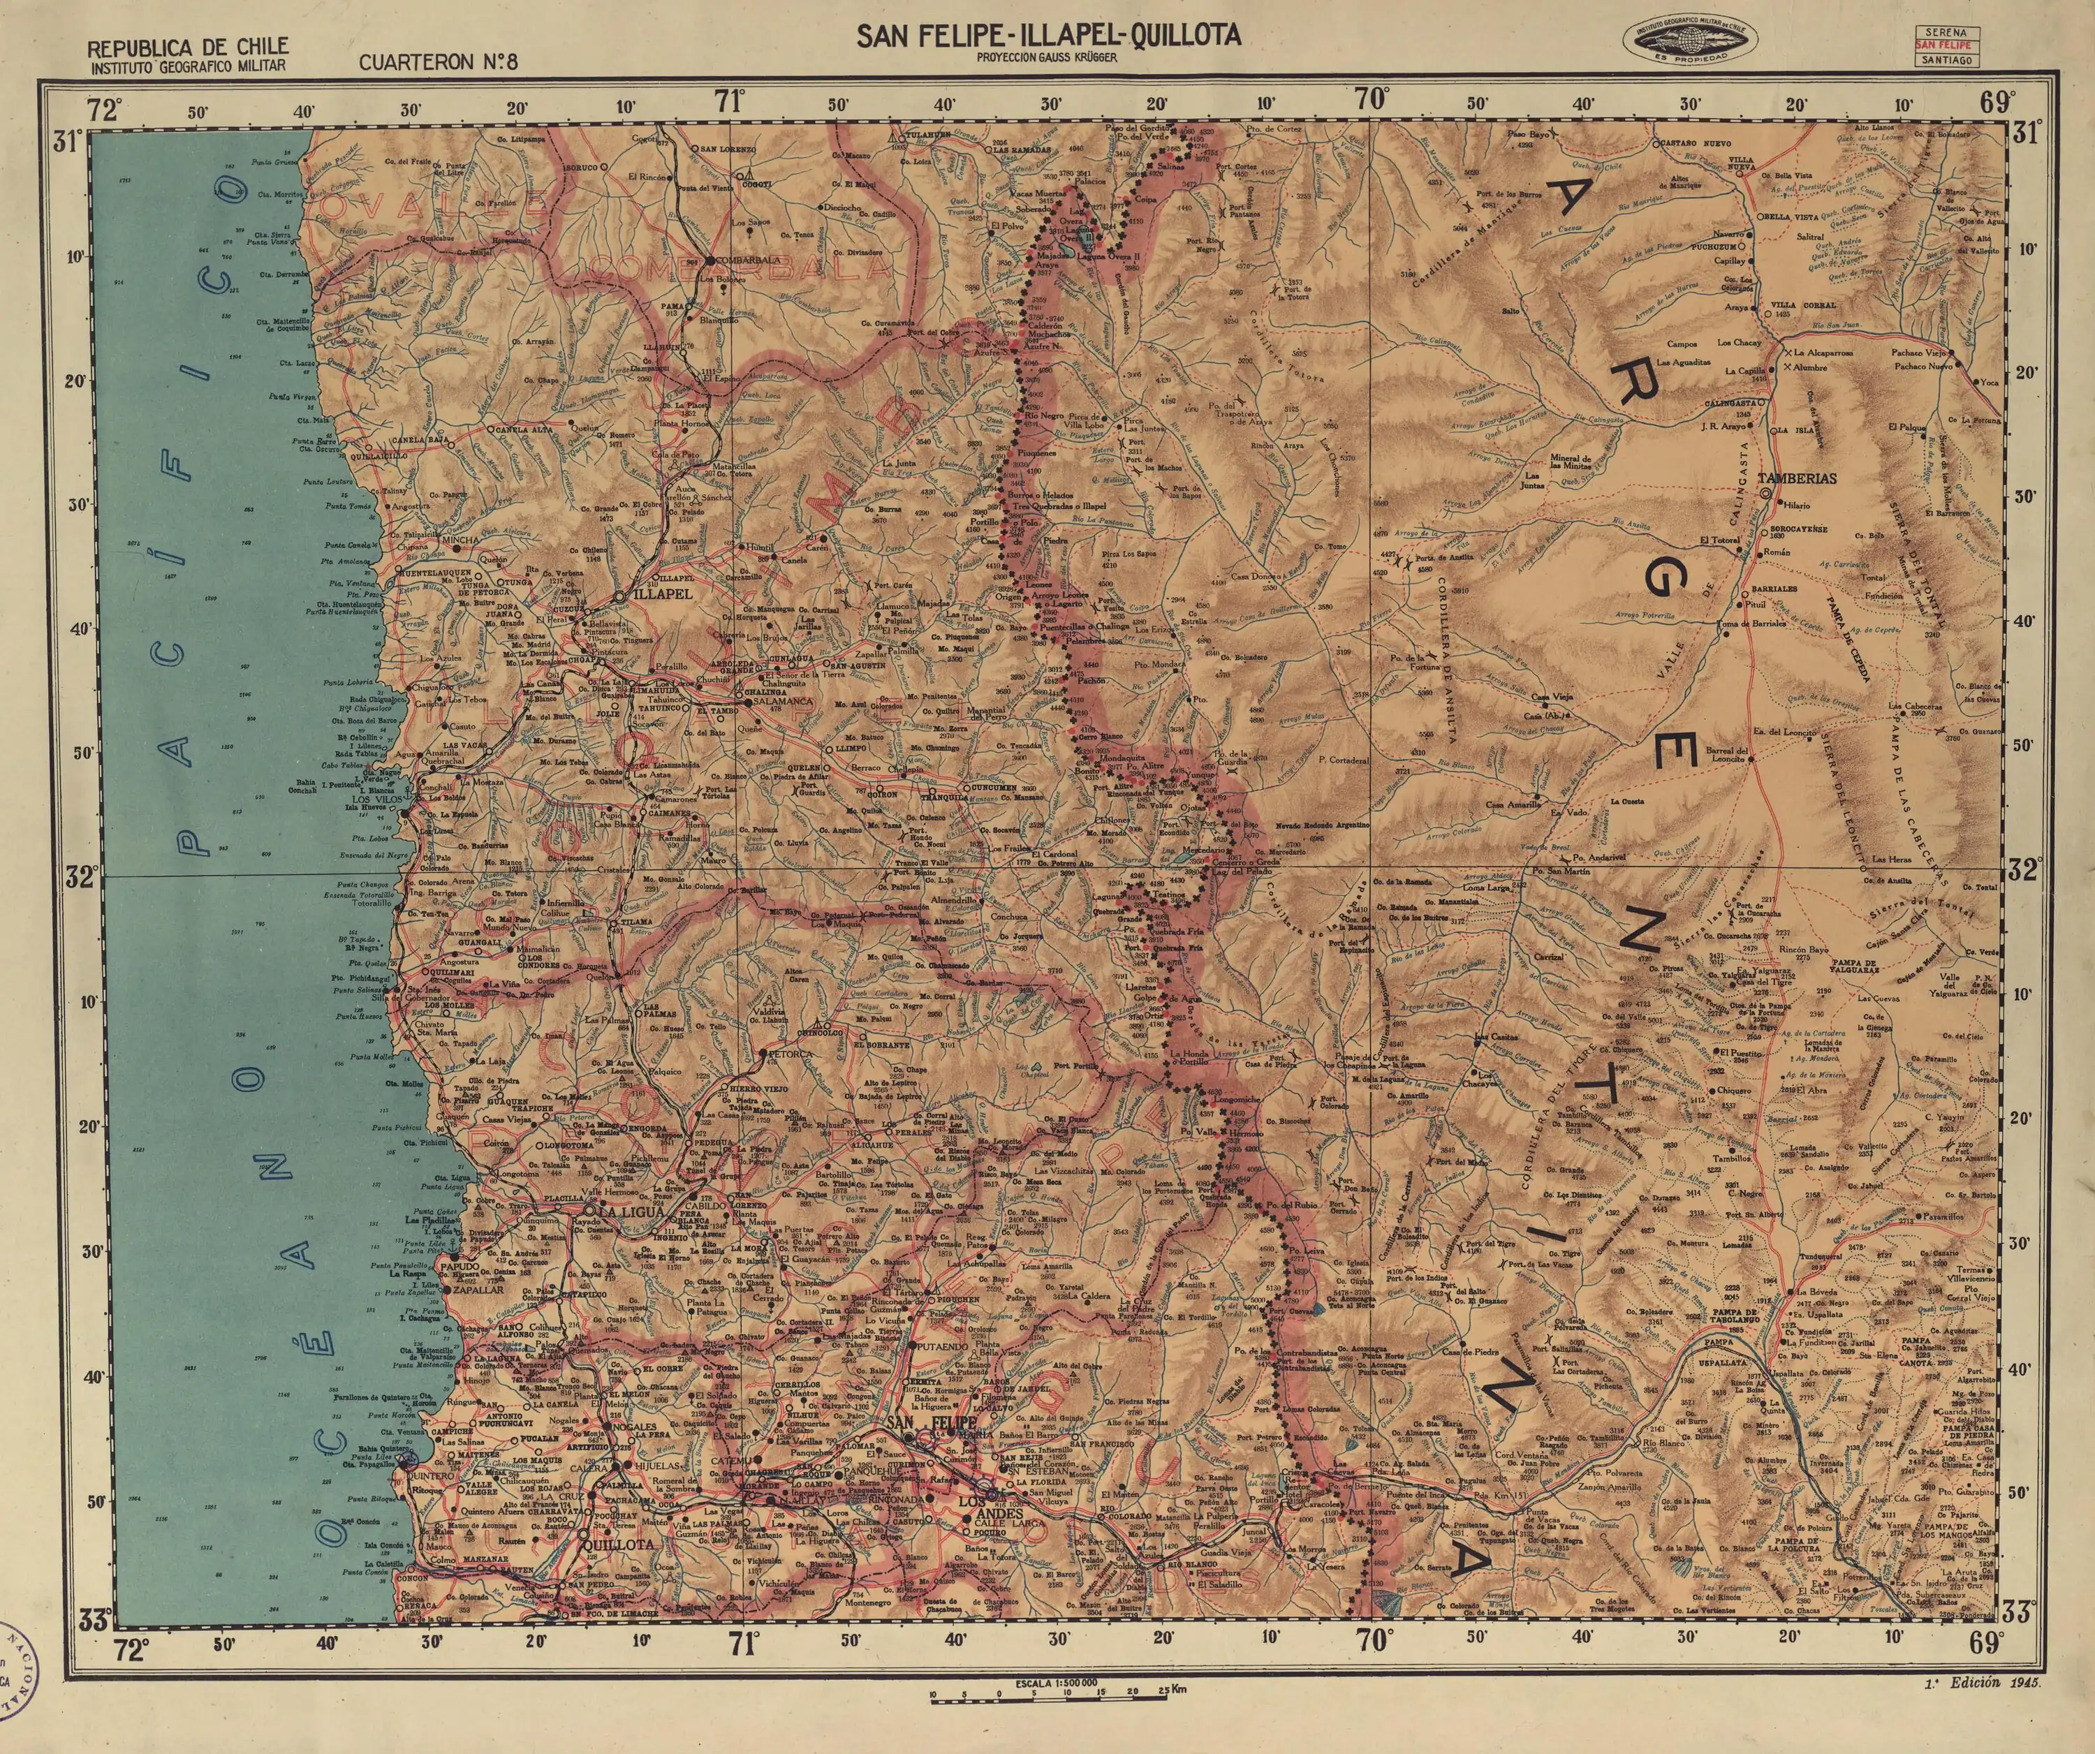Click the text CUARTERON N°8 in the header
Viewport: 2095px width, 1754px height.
(x=439, y=62)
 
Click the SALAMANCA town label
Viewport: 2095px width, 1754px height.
(x=782, y=702)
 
